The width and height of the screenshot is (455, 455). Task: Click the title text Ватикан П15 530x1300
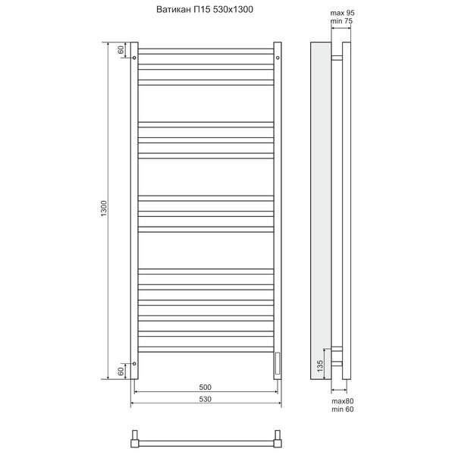(x=205, y=10)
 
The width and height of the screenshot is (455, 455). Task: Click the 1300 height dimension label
(x=104, y=209)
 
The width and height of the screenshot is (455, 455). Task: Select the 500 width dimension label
(x=206, y=387)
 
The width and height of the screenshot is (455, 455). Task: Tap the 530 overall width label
(x=206, y=399)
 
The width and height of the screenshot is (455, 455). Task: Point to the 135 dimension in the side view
(x=320, y=366)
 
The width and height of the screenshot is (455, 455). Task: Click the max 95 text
(x=343, y=13)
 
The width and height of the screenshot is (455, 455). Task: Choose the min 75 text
(x=341, y=21)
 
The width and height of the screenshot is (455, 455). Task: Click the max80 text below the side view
(x=343, y=401)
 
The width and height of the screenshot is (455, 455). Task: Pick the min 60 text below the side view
(x=343, y=409)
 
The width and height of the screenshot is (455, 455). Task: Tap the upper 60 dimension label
(x=121, y=49)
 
